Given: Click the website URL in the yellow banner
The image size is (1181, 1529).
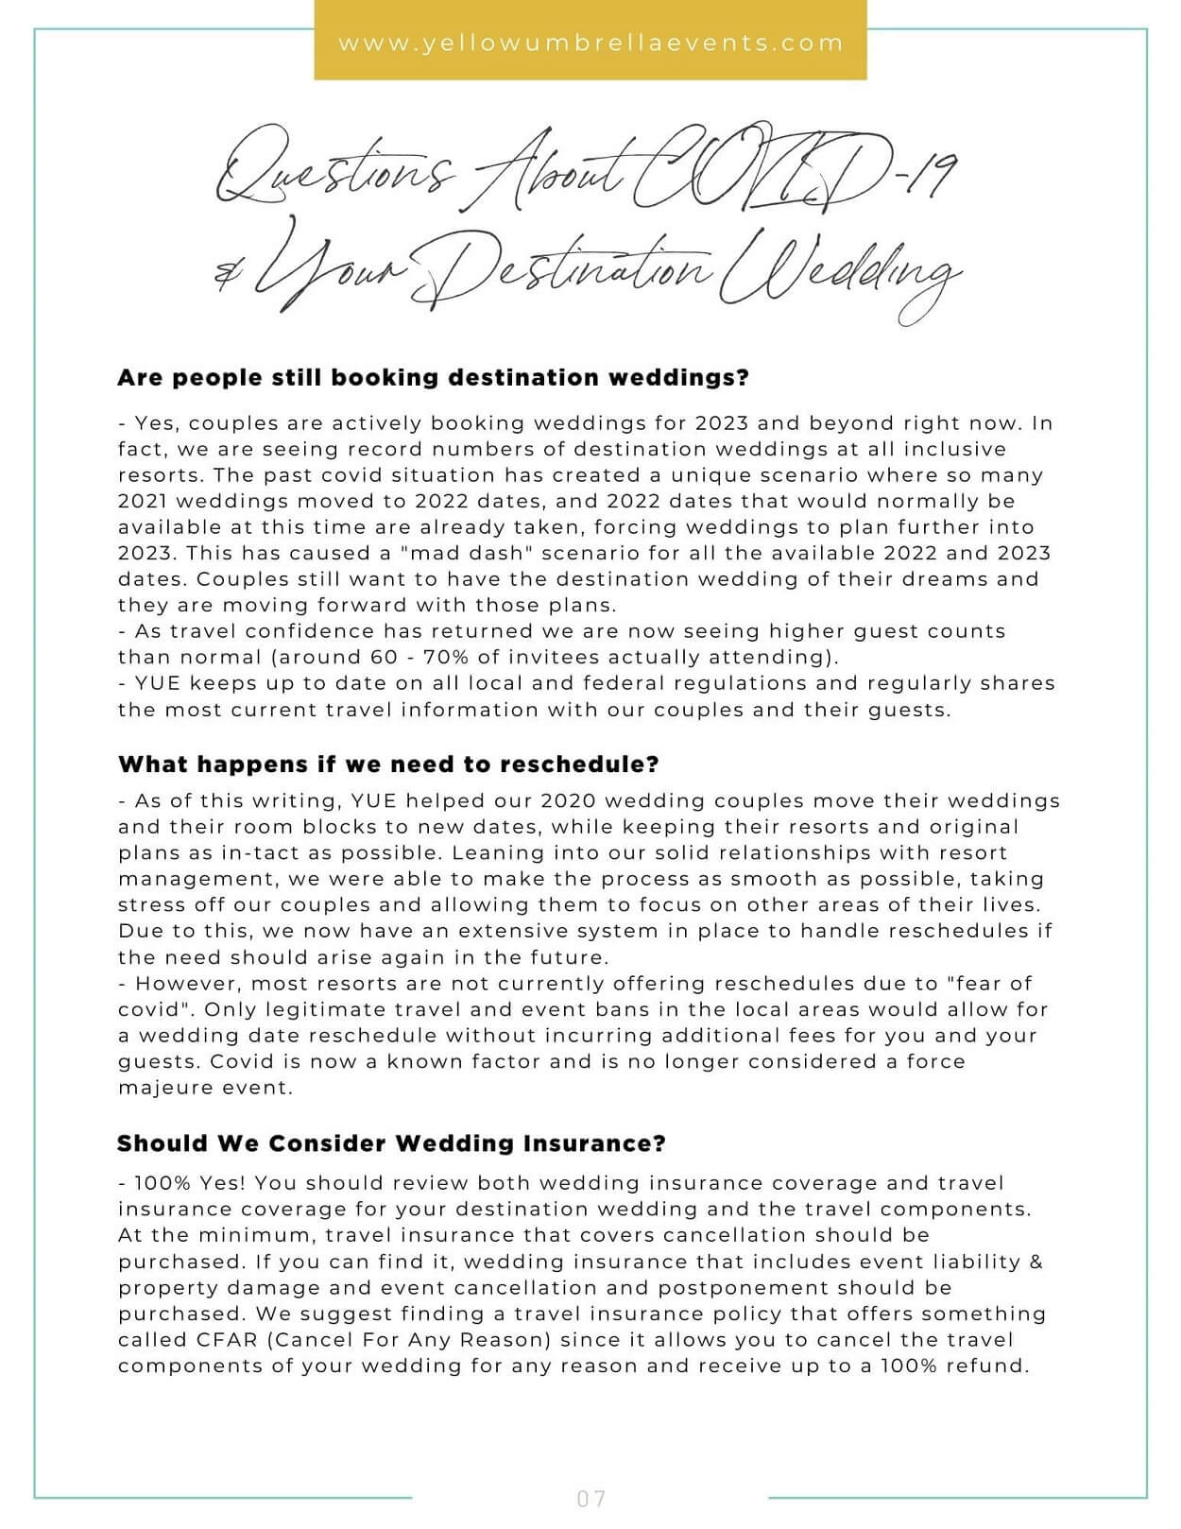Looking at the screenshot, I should tap(590, 43).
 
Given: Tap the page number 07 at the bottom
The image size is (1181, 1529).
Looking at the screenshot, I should tap(590, 1498).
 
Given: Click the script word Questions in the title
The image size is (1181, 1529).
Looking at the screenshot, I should tap(331, 175).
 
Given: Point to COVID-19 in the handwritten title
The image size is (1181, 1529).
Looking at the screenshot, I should tap(794, 170).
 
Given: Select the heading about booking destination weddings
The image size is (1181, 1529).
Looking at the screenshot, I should tap(433, 378).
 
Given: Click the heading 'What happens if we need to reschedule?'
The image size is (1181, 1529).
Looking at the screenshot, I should tap(388, 764).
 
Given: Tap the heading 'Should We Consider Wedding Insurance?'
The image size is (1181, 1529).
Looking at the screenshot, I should tap(391, 1143).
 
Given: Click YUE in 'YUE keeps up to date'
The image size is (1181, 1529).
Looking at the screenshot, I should tap(157, 683).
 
